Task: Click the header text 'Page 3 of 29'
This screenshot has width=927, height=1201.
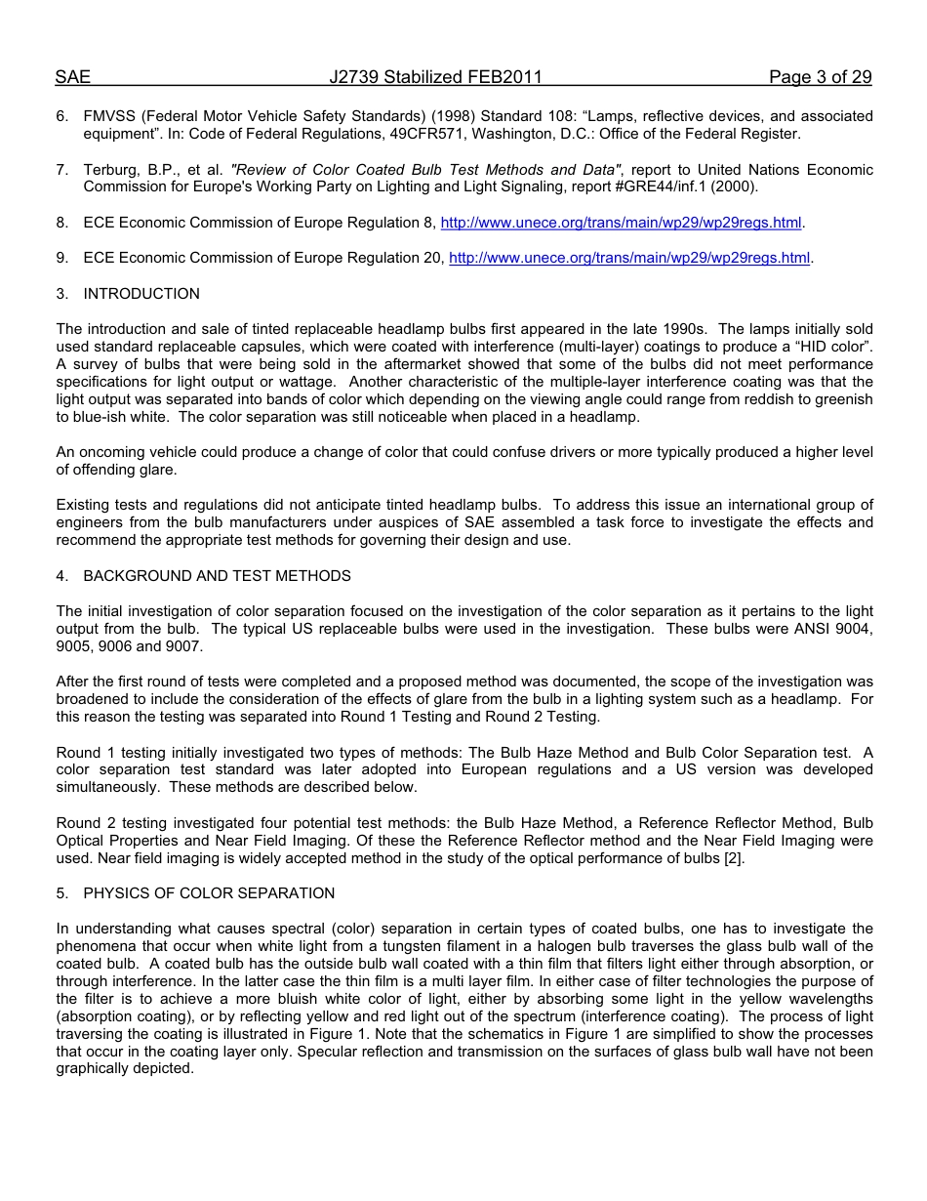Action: pyautogui.click(x=820, y=77)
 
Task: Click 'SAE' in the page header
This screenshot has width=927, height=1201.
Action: pyautogui.click(x=73, y=77)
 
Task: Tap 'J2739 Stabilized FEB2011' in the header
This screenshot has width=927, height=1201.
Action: pyautogui.click(x=435, y=77)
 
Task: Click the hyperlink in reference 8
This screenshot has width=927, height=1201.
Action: pyautogui.click(x=621, y=223)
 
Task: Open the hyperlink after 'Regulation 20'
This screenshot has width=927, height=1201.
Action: pyautogui.click(x=629, y=258)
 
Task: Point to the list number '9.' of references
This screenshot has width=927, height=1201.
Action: pyautogui.click(x=61, y=258)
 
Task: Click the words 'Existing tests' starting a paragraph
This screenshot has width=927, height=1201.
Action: pyautogui.click(x=101, y=505)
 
